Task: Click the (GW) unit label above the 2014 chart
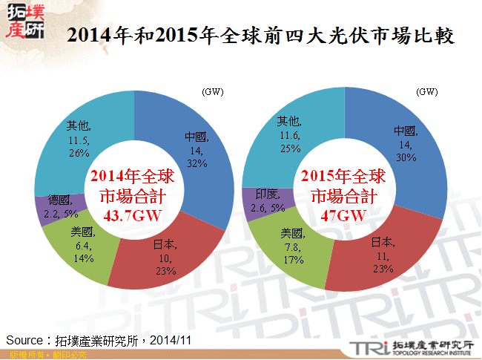click(x=212, y=92)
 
